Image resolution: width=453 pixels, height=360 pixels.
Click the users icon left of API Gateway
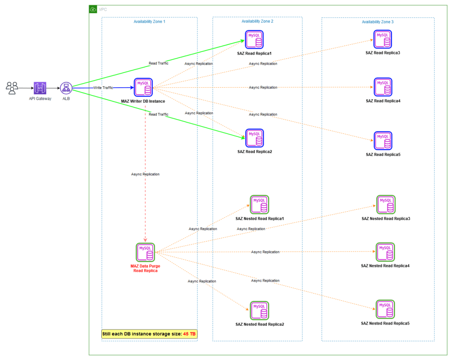coord(12,88)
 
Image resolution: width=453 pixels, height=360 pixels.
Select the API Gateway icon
coord(40,88)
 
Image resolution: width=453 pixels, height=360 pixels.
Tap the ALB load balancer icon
coord(66,88)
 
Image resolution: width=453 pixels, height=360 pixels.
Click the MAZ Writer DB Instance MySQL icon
coord(143,87)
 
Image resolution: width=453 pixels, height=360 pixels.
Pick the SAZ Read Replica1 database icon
coord(254,39)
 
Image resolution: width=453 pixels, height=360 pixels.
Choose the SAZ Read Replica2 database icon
coord(254,138)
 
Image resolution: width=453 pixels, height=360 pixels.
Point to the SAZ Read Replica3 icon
coord(383,39)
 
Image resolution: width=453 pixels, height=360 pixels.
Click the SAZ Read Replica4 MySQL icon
coord(383,87)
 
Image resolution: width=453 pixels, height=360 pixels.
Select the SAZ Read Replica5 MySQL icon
coord(383,141)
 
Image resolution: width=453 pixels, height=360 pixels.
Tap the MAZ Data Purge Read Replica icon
coord(145,252)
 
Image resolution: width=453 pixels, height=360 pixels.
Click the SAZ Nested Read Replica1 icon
coord(259,205)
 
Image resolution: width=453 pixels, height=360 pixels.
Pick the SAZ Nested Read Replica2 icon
coord(259,310)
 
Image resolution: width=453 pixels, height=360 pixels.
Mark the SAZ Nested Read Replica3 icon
coord(386,205)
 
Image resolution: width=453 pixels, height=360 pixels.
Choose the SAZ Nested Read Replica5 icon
coord(385,310)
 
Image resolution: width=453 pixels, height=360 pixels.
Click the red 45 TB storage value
coord(189,334)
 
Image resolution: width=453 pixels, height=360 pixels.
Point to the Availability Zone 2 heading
coord(257,21)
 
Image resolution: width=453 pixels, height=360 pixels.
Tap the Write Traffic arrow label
coord(103,88)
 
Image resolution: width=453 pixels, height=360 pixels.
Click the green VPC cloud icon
coord(93,9)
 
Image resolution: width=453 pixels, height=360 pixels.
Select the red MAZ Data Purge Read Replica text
coord(145,268)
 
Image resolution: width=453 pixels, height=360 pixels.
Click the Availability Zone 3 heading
coord(378,22)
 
